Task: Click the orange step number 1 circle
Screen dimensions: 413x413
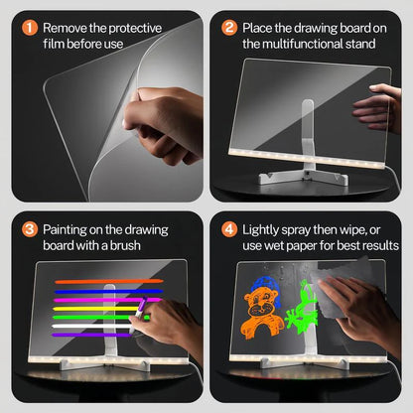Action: point(28,28)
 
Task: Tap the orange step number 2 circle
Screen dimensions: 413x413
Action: point(229,28)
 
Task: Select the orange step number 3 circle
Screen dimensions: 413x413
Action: point(28,229)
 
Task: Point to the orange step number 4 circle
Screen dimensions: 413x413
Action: point(229,229)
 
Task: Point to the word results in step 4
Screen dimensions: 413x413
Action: point(365,245)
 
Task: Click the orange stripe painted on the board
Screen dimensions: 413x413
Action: point(108,282)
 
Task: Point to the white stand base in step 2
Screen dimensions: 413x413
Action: point(298,182)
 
